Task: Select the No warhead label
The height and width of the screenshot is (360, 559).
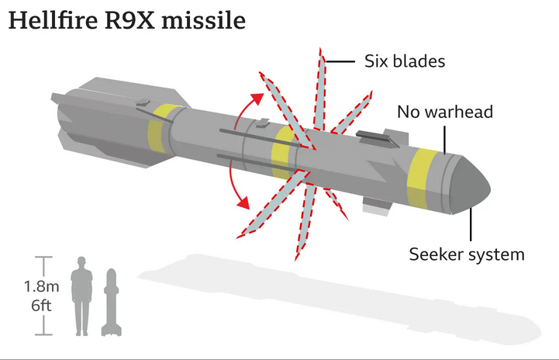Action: click(444, 112)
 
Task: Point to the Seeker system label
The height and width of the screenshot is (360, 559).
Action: click(467, 254)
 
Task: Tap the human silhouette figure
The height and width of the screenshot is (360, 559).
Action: click(81, 298)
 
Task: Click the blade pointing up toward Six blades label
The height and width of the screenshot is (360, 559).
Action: click(319, 85)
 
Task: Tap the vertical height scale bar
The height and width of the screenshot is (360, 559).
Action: click(44, 296)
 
